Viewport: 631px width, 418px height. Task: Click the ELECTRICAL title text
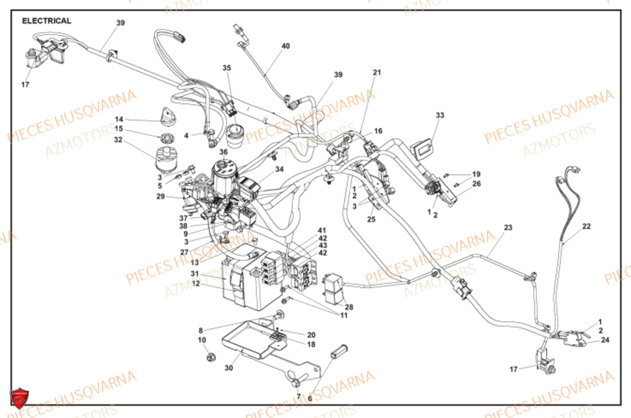pos(47,21)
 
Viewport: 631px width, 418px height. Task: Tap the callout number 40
pos(286,47)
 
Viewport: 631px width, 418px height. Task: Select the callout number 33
pos(440,115)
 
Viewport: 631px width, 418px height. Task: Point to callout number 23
pos(508,228)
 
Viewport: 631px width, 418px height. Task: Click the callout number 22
pos(586,226)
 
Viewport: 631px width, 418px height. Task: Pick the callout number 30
pos(228,369)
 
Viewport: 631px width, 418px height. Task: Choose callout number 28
pos(349,307)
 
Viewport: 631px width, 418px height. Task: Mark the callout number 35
pos(227,67)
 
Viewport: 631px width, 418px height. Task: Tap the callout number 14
pos(119,119)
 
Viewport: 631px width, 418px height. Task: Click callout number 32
pos(119,140)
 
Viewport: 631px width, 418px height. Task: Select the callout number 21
pos(377,73)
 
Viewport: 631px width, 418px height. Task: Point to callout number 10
pos(202,340)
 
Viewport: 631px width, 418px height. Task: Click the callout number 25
pos(371,219)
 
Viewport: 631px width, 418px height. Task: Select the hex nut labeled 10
pos(211,357)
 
